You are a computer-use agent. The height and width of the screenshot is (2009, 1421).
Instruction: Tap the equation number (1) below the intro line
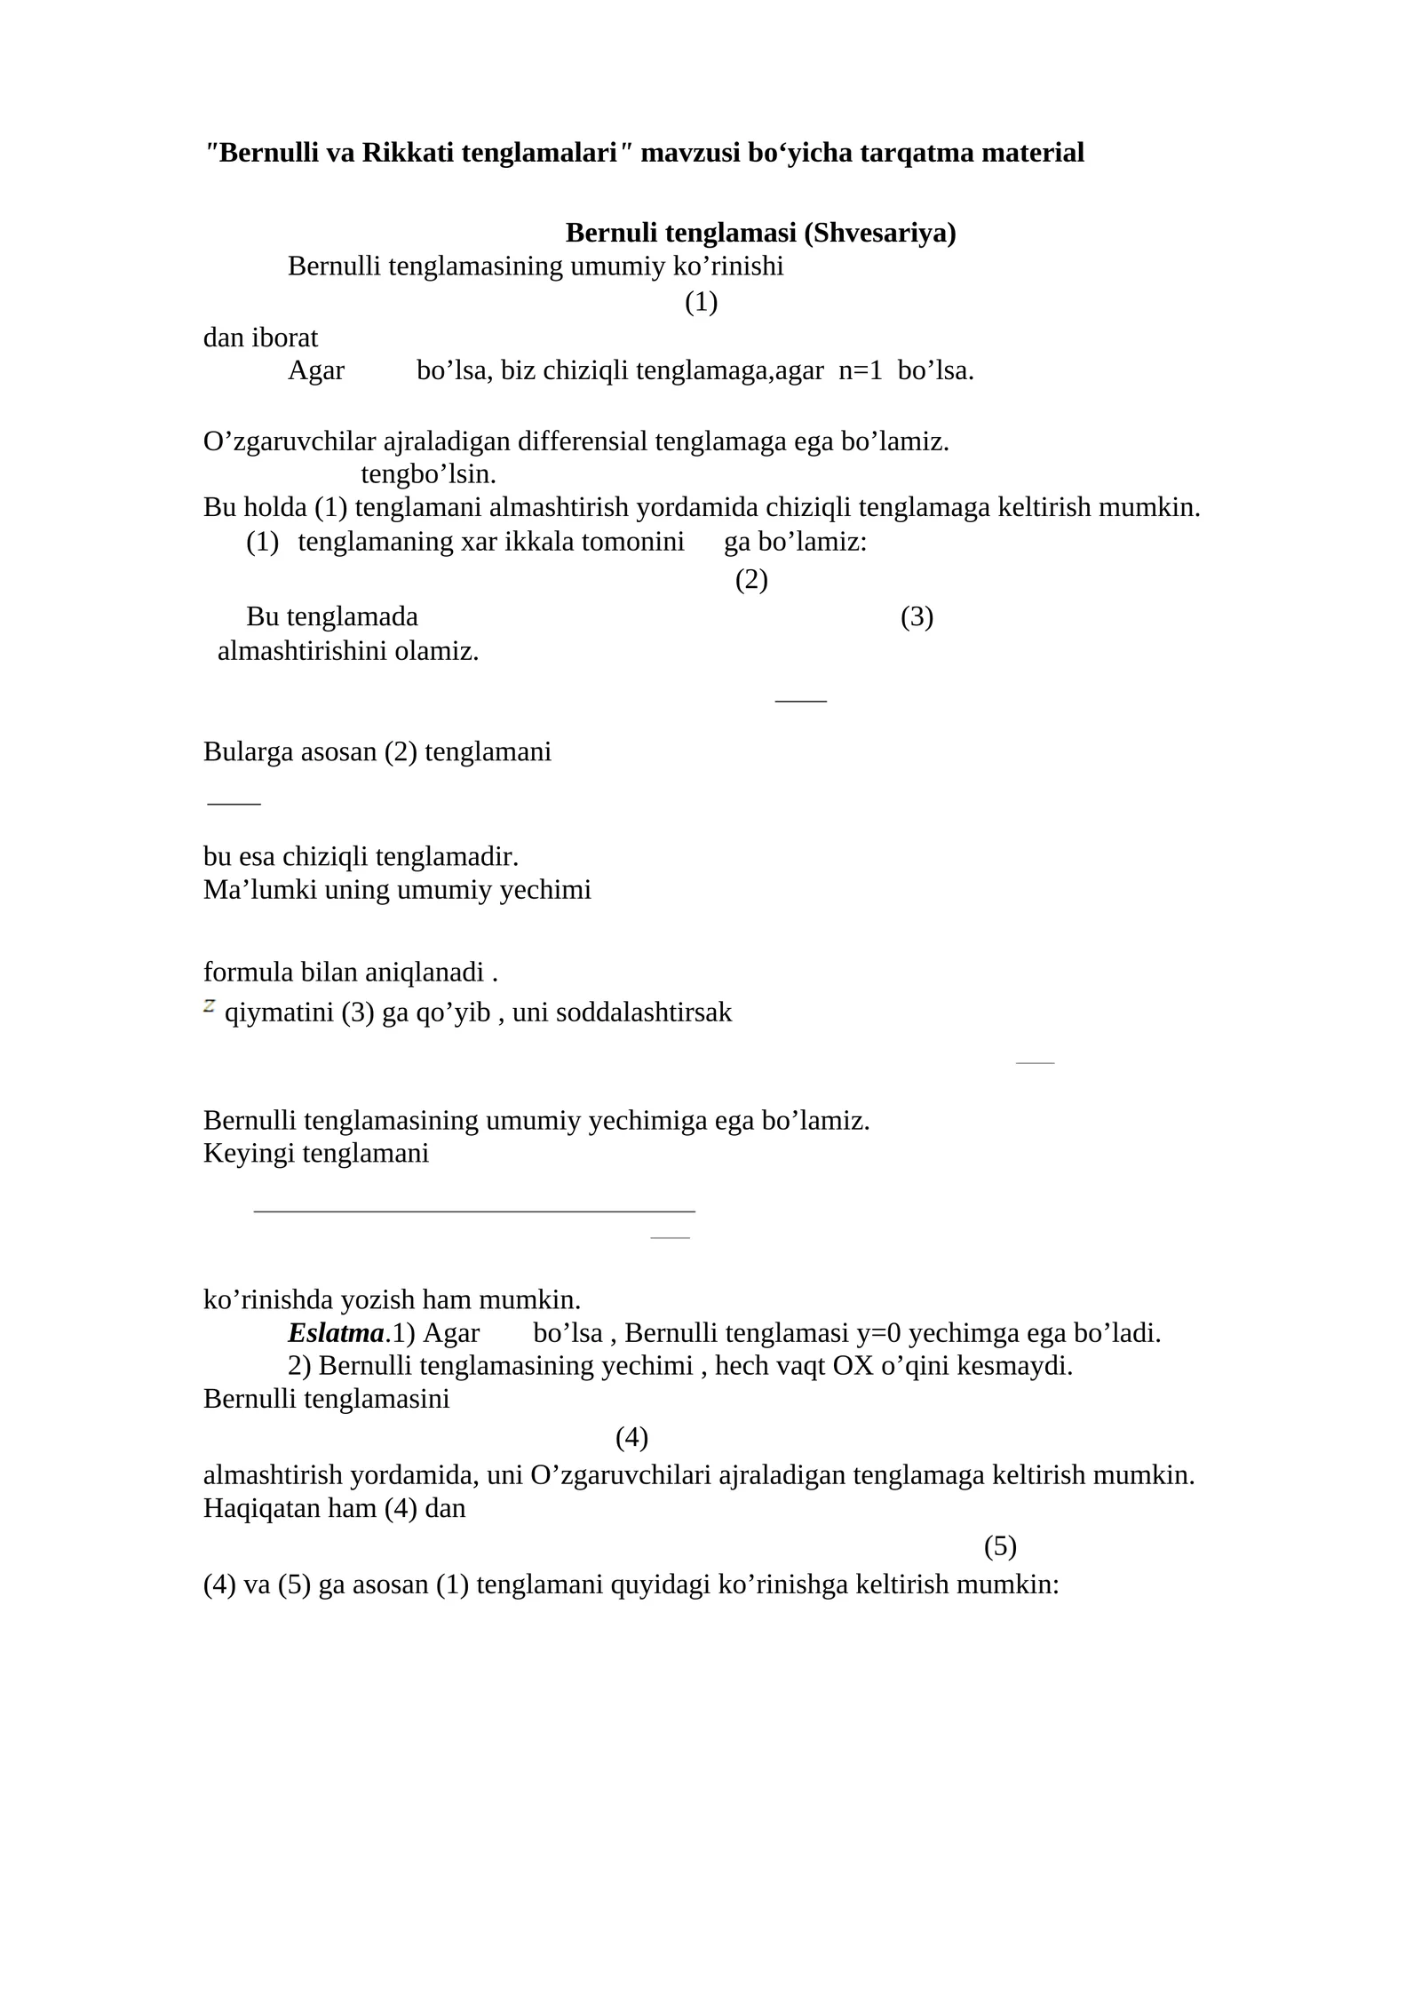coord(701,303)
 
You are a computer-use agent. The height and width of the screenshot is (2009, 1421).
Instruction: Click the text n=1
coord(861,371)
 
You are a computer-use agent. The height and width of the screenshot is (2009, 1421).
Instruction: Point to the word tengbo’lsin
coord(428,474)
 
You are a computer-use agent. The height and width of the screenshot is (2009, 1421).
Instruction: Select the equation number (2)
coord(751,580)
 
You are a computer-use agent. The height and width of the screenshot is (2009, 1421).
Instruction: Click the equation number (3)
coord(917,617)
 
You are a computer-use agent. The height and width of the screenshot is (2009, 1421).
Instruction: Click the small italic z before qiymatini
coord(210,1005)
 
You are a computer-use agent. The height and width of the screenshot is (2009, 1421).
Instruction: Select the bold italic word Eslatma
coord(336,1333)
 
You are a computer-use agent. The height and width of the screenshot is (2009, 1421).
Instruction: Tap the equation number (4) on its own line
coord(631,1437)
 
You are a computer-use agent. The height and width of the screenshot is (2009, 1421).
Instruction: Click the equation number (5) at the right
coord(1000,1546)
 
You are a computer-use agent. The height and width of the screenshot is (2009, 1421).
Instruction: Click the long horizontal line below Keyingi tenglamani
coord(474,1211)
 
